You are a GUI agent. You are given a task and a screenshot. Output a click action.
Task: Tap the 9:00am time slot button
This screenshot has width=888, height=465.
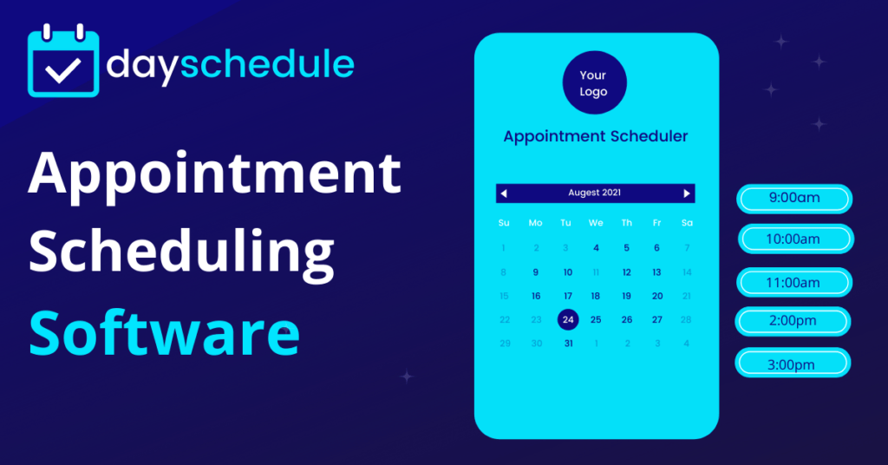794,199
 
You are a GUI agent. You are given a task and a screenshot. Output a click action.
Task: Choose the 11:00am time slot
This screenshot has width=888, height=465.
794,283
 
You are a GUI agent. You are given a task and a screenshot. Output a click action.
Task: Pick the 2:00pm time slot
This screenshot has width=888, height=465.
793,321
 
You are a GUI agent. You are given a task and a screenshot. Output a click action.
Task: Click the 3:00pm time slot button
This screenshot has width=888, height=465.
793,363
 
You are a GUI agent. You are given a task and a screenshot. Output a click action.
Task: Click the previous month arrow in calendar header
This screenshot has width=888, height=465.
504,193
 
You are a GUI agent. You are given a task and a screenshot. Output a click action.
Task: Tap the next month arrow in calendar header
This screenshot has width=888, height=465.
687,193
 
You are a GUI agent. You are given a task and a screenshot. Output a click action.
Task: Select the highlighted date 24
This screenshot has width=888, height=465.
567,319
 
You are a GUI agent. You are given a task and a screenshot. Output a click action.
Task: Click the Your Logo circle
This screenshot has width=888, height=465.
594,83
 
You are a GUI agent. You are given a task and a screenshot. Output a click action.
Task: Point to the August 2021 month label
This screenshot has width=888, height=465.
595,193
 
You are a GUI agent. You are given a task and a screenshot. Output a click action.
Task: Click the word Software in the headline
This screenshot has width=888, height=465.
165,331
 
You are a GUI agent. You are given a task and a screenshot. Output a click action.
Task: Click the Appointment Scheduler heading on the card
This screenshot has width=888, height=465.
596,136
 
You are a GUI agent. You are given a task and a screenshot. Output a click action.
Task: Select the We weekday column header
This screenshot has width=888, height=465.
596,223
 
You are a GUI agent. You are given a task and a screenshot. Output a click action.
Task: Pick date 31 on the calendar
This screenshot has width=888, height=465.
568,344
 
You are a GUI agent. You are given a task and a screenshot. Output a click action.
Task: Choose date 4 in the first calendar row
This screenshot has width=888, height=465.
596,248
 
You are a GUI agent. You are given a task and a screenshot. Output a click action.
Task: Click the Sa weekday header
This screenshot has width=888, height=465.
687,223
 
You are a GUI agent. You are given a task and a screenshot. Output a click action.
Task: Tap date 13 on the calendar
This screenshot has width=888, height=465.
656,272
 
